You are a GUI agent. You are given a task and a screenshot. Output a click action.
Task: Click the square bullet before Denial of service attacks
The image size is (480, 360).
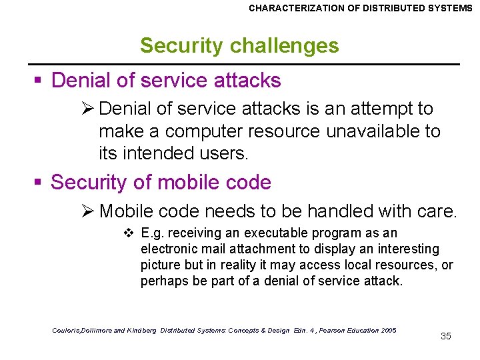click(39, 81)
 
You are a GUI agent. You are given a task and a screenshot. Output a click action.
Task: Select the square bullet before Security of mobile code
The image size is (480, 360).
click(39, 183)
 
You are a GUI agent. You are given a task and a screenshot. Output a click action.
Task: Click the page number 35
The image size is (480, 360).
click(446, 336)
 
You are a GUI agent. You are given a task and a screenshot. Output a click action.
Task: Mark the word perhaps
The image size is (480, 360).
click(161, 281)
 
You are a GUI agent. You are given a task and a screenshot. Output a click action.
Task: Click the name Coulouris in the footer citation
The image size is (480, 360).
click(68, 331)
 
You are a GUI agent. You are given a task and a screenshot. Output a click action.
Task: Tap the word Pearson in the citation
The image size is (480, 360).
click(323, 331)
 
